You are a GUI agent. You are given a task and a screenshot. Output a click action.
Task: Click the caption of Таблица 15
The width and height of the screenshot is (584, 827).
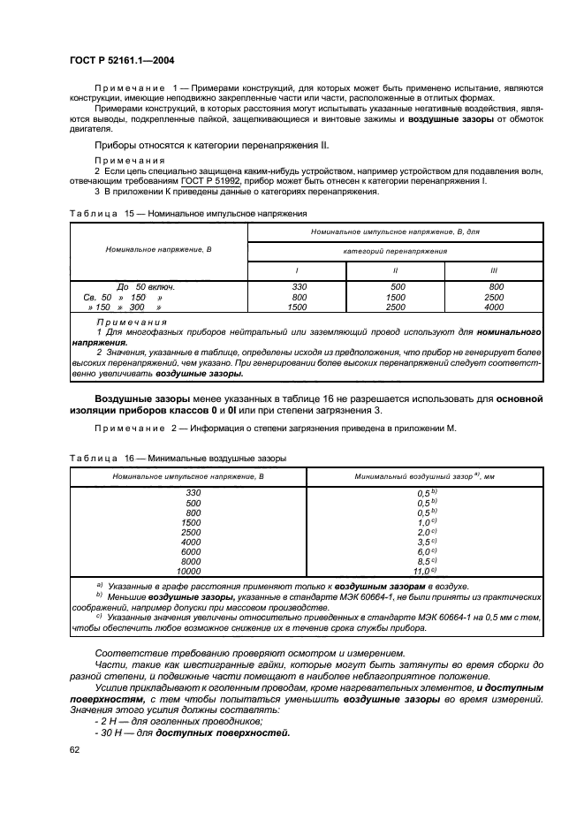click(x=187, y=213)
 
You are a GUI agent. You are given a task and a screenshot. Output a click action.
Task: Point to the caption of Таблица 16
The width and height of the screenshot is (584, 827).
click(x=178, y=458)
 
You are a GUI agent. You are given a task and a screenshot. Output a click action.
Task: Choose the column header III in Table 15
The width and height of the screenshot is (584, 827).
click(x=495, y=269)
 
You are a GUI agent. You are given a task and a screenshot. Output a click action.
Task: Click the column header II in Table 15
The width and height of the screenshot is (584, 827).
click(x=397, y=269)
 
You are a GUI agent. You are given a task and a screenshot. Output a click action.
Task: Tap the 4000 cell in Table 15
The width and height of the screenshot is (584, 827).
click(x=495, y=307)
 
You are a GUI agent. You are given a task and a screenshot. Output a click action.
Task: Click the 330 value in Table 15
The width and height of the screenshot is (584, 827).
click(x=298, y=287)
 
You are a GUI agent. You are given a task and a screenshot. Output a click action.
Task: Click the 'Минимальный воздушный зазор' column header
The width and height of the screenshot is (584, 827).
click(x=422, y=476)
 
